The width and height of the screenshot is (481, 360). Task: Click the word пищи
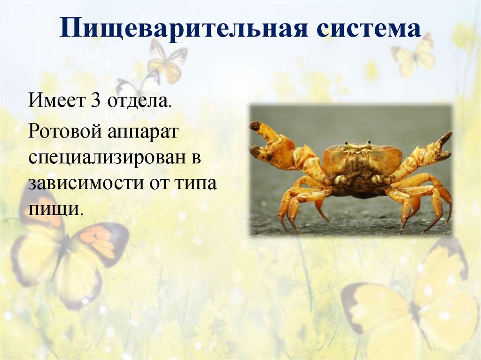[55, 208]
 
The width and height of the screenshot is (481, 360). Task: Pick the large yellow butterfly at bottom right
[413, 305]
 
